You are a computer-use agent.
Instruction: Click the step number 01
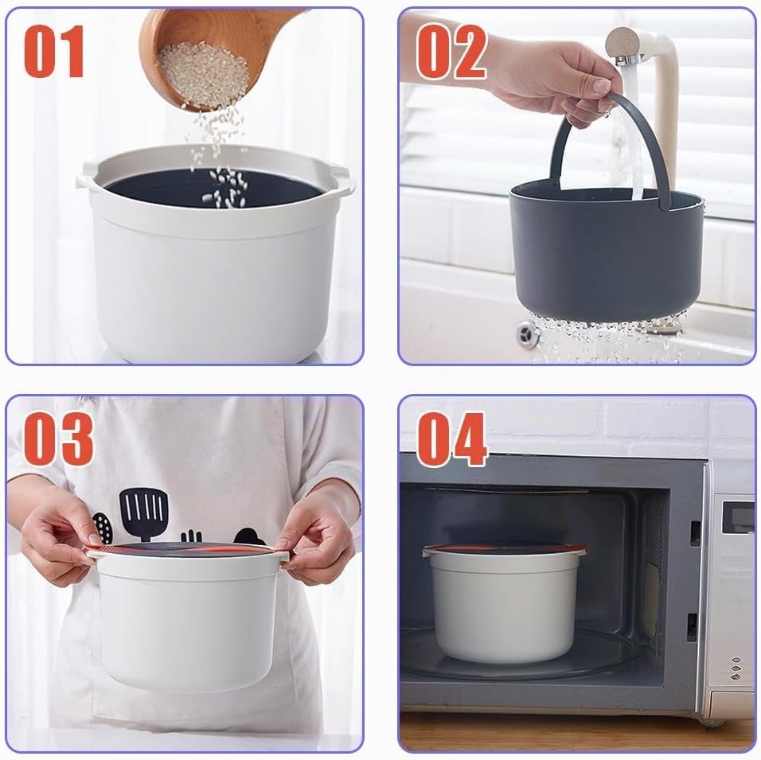[x=54, y=52]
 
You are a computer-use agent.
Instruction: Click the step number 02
[x=451, y=52]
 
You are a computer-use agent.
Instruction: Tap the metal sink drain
[x=528, y=333]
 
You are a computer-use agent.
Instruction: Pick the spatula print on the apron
[x=144, y=513]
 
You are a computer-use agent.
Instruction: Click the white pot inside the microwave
[x=504, y=602]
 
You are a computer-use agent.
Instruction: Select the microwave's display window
[x=738, y=517]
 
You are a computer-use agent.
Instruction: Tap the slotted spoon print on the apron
[x=102, y=528]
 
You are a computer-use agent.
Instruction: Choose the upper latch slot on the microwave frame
[x=695, y=533]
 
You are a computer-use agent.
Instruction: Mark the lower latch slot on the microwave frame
[x=692, y=627]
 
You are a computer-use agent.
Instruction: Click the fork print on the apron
[x=192, y=536]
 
